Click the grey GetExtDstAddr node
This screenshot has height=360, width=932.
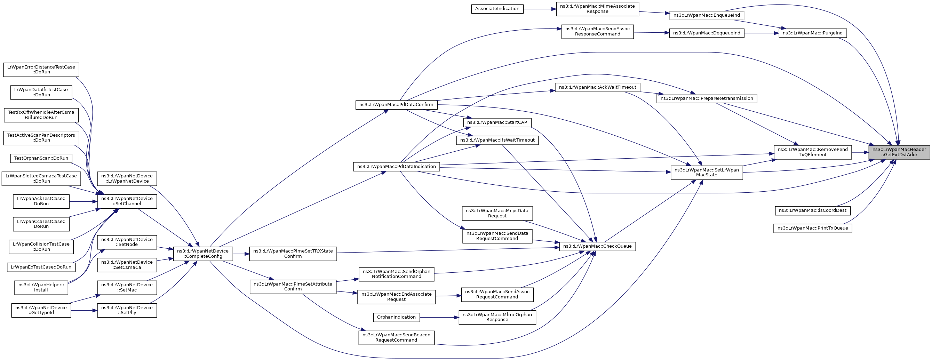pyautogui.click(x=899, y=152)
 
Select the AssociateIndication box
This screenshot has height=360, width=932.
pyautogui.click(x=497, y=9)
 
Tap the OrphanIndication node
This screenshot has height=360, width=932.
pyautogui.click(x=396, y=317)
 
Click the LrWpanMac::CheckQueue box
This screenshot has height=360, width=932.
pyautogui.click(x=597, y=246)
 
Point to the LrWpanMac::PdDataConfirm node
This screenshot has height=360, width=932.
pyautogui.click(x=396, y=105)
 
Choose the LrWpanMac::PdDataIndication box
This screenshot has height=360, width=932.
pyautogui.click(x=396, y=166)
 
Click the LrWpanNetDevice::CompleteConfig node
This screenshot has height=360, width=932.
pyautogui.click(x=202, y=254)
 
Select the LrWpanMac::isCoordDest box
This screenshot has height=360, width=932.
pyautogui.click(x=812, y=210)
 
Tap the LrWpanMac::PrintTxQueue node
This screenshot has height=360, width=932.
pyautogui.click(x=813, y=228)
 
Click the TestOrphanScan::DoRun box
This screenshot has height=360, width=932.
pyautogui.click(x=41, y=158)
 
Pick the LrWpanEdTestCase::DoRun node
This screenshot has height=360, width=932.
pyautogui.click(x=41, y=267)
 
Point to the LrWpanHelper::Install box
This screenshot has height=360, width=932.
pyautogui.click(x=41, y=287)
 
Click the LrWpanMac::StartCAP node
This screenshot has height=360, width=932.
pyautogui.click(x=497, y=122)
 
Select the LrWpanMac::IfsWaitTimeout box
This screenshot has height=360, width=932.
pyautogui.click(x=497, y=140)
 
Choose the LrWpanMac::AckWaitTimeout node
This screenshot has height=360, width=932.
pyautogui.click(x=597, y=87)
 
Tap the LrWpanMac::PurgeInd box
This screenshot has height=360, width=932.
pyautogui.click(x=812, y=33)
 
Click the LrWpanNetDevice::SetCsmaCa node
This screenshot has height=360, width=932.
pyautogui.click(x=127, y=265)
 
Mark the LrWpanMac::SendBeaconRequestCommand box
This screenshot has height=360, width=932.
pyautogui.click(x=396, y=338)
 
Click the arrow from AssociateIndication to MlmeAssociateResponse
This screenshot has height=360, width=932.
pyautogui.click(x=540, y=9)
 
